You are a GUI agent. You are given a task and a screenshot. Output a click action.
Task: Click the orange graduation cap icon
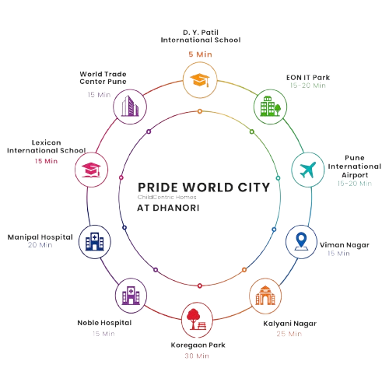(x=200, y=80)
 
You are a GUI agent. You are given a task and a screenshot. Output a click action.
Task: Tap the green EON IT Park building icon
(x=270, y=107)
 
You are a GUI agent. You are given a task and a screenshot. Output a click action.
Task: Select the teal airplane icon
(x=308, y=170)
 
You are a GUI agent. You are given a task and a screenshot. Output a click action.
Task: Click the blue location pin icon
(x=301, y=242)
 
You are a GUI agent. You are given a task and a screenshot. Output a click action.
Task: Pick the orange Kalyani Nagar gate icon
(x=265, y=296)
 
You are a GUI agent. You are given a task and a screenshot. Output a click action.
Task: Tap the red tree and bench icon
(x=197, y=319)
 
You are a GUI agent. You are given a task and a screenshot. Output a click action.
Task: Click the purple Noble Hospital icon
(x=131, y=296)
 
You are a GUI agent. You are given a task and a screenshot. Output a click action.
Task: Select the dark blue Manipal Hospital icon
(x=95, y=241)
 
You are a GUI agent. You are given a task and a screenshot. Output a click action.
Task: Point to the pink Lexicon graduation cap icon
(x=91, y=170)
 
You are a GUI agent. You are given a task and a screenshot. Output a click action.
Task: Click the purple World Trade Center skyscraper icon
(x=130, y=106)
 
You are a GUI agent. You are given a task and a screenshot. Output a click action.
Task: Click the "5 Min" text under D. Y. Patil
(x=200, y=54)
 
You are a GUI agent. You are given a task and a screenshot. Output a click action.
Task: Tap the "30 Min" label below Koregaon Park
(x=197, y=356)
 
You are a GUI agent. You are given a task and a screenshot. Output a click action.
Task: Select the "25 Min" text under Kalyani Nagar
(x=289, y=334)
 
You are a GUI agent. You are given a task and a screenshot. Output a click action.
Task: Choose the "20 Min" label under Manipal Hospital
(x=40, y=245)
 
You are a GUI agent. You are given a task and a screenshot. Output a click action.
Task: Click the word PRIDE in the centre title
(x=158, y=187)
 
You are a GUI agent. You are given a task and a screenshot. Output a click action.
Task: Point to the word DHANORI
(x=176, y=208)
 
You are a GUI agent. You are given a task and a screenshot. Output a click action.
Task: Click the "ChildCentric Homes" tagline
(x=167, y=198)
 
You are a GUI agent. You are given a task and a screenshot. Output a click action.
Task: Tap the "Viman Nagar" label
(x=345, y=245)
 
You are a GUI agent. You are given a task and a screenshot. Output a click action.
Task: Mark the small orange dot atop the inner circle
(x=200, y=111)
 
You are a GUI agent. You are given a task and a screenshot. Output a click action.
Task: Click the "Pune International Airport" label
(x=355, y=166)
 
